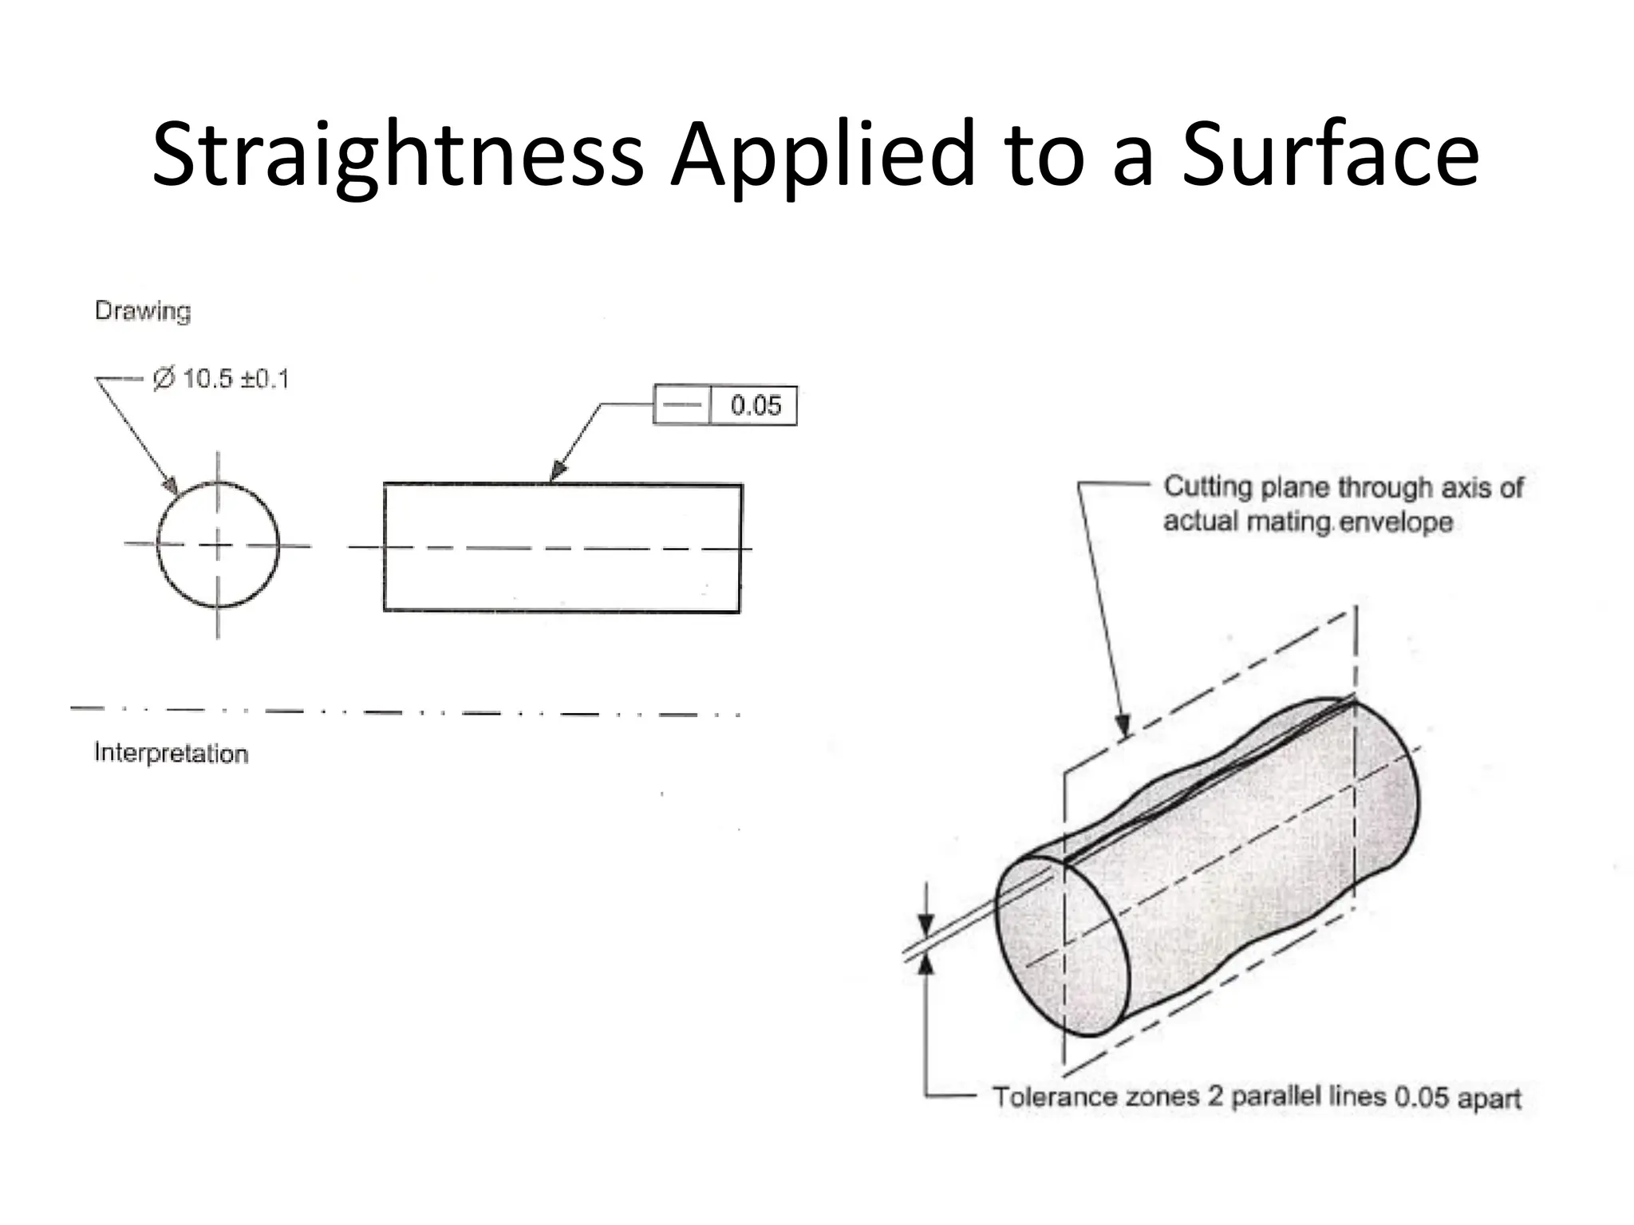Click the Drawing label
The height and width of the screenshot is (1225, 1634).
point(143,311)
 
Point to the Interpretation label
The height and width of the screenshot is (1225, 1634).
point(171,754)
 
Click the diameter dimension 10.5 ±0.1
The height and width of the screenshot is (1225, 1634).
point(222,379)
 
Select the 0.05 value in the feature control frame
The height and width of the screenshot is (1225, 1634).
point(755,406)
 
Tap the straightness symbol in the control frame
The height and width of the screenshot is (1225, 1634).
point(681,405)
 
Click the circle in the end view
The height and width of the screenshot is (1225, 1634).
point(218,545)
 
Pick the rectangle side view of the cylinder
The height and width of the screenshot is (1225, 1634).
point(562,548)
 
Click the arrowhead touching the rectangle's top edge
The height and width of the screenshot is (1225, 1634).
point(557,472)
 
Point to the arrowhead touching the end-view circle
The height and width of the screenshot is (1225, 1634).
point(171,485)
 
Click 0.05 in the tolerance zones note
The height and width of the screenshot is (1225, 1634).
point(1421,1097)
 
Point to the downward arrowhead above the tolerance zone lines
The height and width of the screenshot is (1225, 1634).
point(926,926)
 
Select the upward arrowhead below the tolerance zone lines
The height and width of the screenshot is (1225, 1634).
point(926,965)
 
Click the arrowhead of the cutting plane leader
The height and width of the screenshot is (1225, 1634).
point(1124,727)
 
